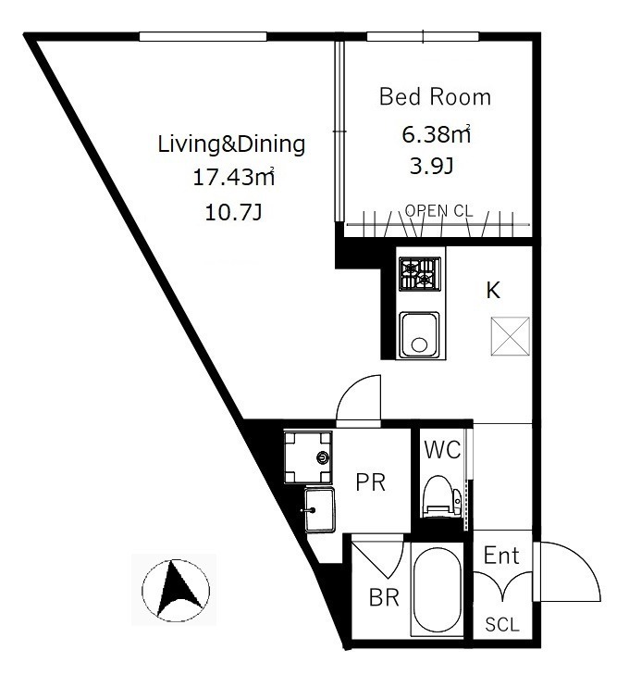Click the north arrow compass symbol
(176, 590)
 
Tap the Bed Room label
(435, 96)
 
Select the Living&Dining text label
(232, 144)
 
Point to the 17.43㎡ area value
(233, 177)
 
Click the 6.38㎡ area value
(436, 134)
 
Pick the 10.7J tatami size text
(233, 212)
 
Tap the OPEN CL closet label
(439, 211)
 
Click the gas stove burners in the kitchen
(420, 273)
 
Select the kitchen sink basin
(420, 335)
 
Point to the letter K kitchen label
(493, 290)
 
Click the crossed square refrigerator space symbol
(511, 336)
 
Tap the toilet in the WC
(442, 496)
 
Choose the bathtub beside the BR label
(437, 589)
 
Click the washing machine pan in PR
(308, 456)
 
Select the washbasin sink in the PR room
(319, 510)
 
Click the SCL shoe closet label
(502, 624)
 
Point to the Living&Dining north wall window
(203, 37)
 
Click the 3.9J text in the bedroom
(432, 166)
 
